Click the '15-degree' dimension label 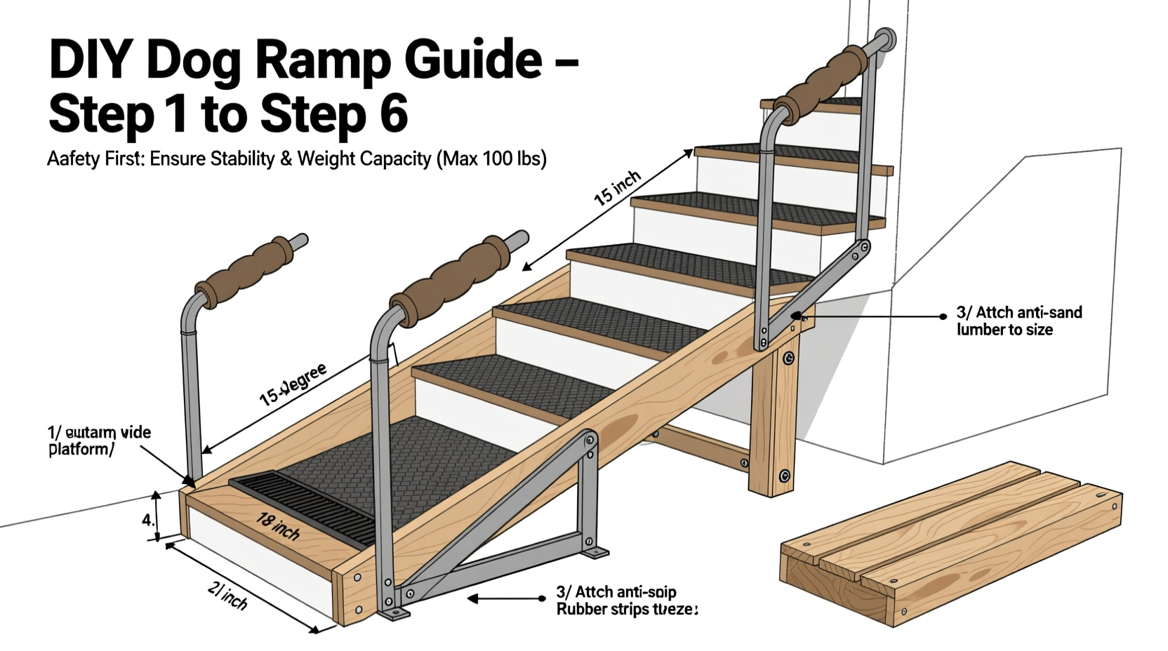point(293,385)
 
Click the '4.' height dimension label point(147,521)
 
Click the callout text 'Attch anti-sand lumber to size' point(1018,321)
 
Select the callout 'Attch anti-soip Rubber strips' point(625,601)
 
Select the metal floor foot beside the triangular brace point(595,552)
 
